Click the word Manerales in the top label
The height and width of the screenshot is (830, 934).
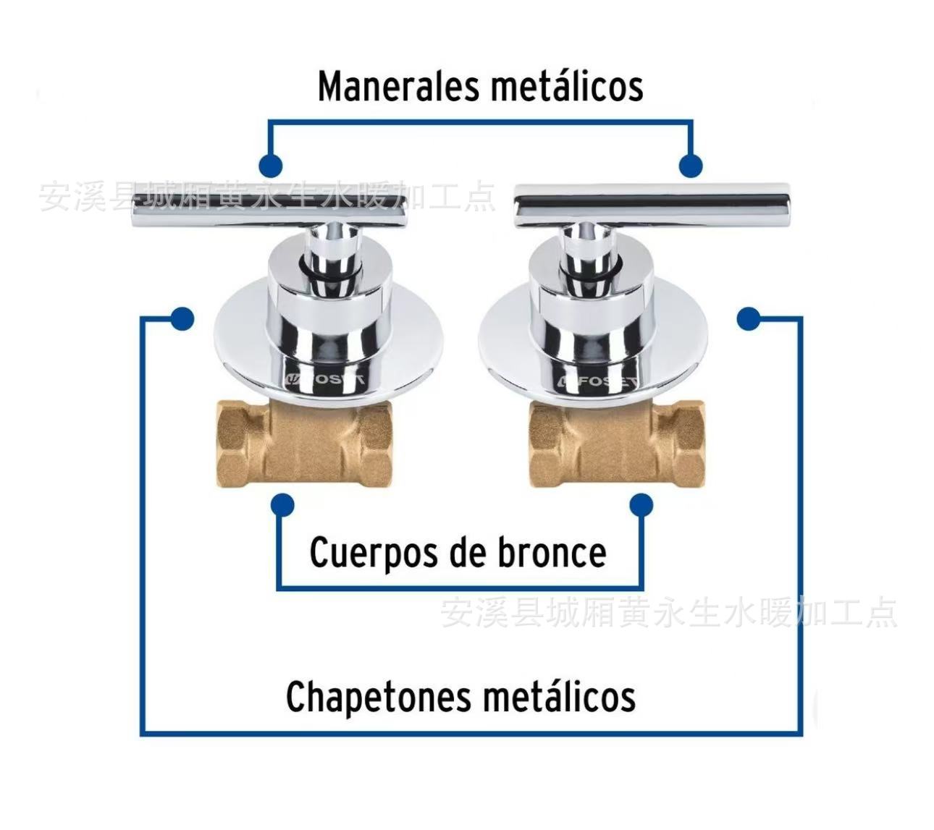coord(399,87)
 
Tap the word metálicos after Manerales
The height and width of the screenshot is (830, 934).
coord(566,87)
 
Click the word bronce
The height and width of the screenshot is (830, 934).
coord(552,553)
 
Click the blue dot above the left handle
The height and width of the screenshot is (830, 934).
coord(270,166)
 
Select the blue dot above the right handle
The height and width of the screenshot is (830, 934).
coord(691,166)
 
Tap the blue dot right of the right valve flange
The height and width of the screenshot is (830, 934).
coord(749,318)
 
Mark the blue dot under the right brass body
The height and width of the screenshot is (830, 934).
coord(641,504)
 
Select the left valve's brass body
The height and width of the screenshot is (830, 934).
coord(304,442)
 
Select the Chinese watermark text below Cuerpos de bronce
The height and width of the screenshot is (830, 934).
coord(669,613)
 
